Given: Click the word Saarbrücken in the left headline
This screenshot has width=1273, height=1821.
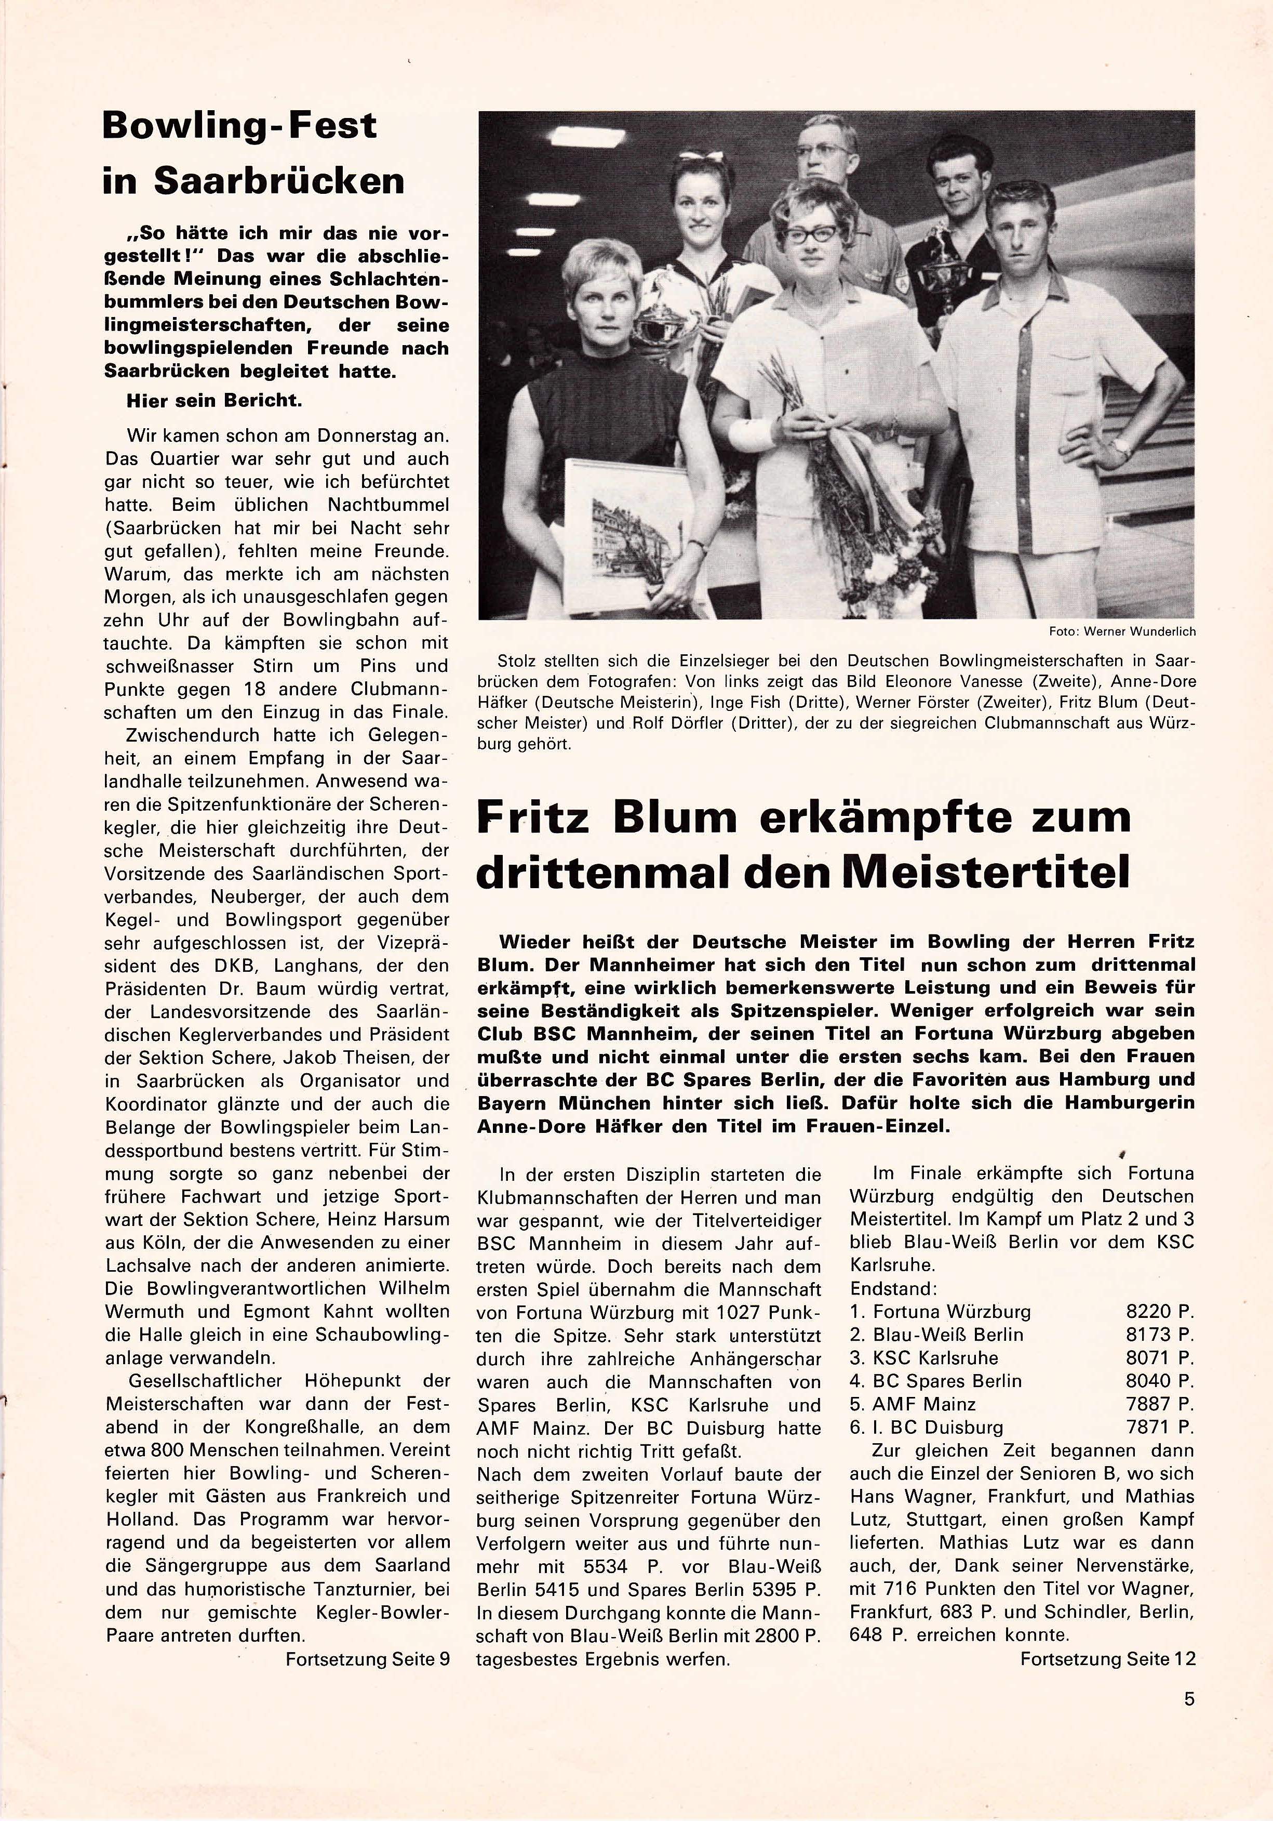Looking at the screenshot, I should pyautogui.click(x=279, y=181).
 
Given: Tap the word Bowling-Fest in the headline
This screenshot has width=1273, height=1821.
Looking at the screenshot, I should pyautogui.click(x=239, y=126).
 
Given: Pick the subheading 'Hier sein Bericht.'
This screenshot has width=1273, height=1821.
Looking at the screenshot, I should pyautogui.click(x=214, y=401).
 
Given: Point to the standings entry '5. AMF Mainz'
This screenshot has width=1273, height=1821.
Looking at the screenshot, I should pyautogui.click(x=913, y=1404).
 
